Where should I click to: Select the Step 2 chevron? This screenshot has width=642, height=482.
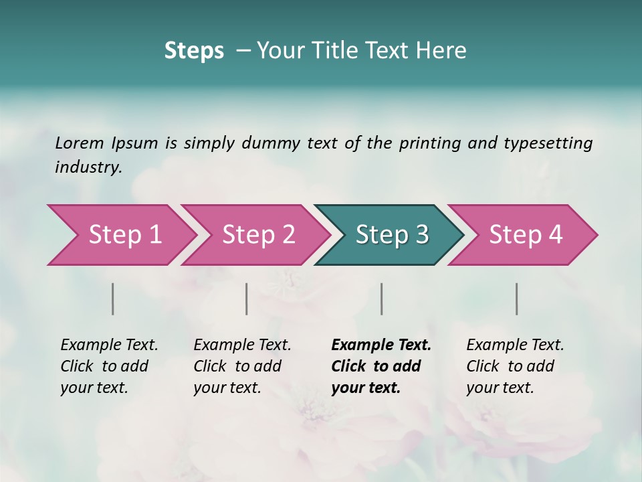(x=257, y=235)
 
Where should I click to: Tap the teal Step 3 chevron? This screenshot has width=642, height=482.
(x=391, y=235)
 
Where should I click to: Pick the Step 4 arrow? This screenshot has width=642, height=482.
(x=525, y=235)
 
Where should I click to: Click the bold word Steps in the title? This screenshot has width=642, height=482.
(x=194, y=51)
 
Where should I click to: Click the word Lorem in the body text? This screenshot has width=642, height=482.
(x=80, y=143)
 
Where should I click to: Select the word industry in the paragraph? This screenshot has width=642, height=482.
(x=88, y=167)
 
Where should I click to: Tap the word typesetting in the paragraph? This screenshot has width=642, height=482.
(x=548, y=143)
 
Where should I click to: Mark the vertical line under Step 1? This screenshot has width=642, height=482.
(x=113, y=299)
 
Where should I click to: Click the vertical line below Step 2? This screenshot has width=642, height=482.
(x=247, y=299)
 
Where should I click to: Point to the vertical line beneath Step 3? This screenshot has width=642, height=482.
(x=382, y=299)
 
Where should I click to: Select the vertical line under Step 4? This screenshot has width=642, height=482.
(x=517, y=299)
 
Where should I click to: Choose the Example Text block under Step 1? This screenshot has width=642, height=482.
(x=109, y=366)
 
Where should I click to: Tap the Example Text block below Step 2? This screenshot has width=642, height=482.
(x=242, y=366)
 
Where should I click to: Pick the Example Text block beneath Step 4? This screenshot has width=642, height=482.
(x=515, y=366)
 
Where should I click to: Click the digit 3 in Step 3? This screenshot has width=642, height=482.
(x=421, y=235)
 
